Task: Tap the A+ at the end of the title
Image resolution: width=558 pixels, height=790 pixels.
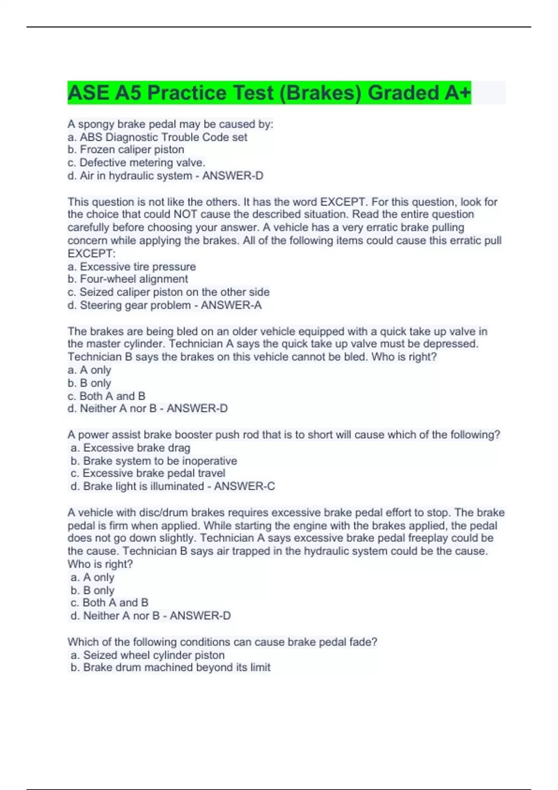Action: pyautogui.click(x=458, y=92)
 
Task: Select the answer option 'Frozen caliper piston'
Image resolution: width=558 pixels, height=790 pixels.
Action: pyautogui.click(x=132, y=150)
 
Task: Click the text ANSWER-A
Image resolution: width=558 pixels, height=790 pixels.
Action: pyautogui.click(x=231, y=305)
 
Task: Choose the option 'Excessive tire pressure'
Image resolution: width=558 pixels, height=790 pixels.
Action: pyautogui.click(x=138, y=267)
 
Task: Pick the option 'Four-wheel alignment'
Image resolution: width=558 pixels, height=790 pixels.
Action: pyautogui.click(x=134, y=279)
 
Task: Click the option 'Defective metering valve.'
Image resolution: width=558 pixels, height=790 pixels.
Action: pyautogui.click(x=142, y=163)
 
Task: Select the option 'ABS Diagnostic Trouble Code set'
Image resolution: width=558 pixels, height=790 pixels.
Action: pyautogui.click(x=163, y=137)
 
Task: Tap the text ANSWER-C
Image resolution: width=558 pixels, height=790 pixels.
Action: pyautogui.click(x=245, y=486)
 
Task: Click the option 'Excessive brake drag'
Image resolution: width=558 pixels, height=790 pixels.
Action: pyautogui.click(x=137, y=448)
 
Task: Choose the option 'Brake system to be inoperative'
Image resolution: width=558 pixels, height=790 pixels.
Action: pyautogui.click(x=160, y=461)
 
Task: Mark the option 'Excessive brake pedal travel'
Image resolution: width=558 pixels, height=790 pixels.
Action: pyautogui.click(x=154, y=473)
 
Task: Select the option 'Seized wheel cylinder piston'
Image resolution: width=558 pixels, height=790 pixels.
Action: pyautogui.click(x=153, y=655)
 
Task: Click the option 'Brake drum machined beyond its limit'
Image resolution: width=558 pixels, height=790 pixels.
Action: pyautogui.click(x=177, y=667)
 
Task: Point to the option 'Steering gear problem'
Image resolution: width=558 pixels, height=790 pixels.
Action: pyautogui.click(x=135, y=305)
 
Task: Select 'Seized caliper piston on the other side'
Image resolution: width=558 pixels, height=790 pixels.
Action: pyautogui.click(x=174, y=292)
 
